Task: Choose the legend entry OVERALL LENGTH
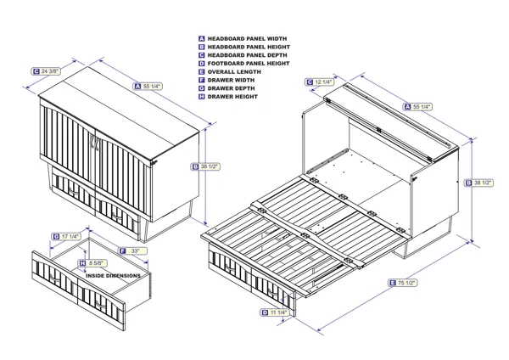234,72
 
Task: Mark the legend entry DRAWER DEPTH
230,88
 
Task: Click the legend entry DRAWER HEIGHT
232,97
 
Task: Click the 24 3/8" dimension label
47,71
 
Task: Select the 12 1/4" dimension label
322,82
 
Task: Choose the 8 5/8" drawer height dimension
98,263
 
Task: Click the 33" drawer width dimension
133,251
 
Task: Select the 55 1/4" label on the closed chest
151,86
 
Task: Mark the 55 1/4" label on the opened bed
421,107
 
